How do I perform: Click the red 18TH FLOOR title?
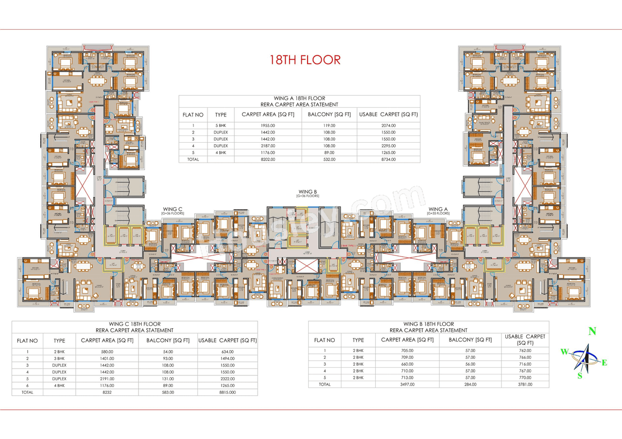click(x=305, y=60)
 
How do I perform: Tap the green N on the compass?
click(x=592, y=332)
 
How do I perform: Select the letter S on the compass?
click(x=579, y=375)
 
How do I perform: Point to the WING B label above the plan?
click(x=308, y=192)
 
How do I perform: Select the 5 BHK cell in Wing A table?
click(x=221, y=125)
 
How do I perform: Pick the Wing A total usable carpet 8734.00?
click(x=388, y=159)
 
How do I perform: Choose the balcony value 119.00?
click(x=329, y=125)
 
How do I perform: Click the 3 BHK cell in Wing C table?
click(x=59, y=358)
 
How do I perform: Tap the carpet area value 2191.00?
click(x=107, y=378)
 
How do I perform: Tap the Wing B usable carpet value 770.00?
click(x=525, y=377)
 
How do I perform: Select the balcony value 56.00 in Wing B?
click(x=470, y=364)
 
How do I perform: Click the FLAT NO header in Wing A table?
click(x=193, y=115)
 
